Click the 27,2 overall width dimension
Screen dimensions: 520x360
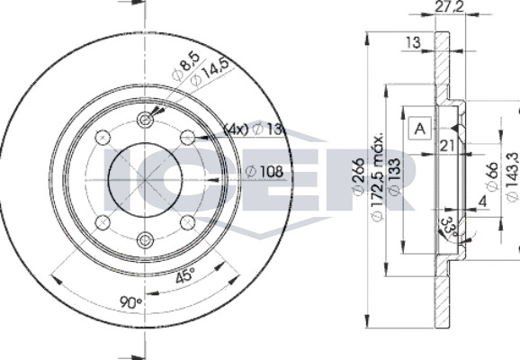tap(450, 6)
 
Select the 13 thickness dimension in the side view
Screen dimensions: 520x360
tap(413, 42)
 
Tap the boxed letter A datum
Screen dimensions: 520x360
tap(420, 128)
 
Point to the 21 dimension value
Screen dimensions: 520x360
tap(447, 146)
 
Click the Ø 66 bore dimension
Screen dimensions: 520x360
tap(492, 176)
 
